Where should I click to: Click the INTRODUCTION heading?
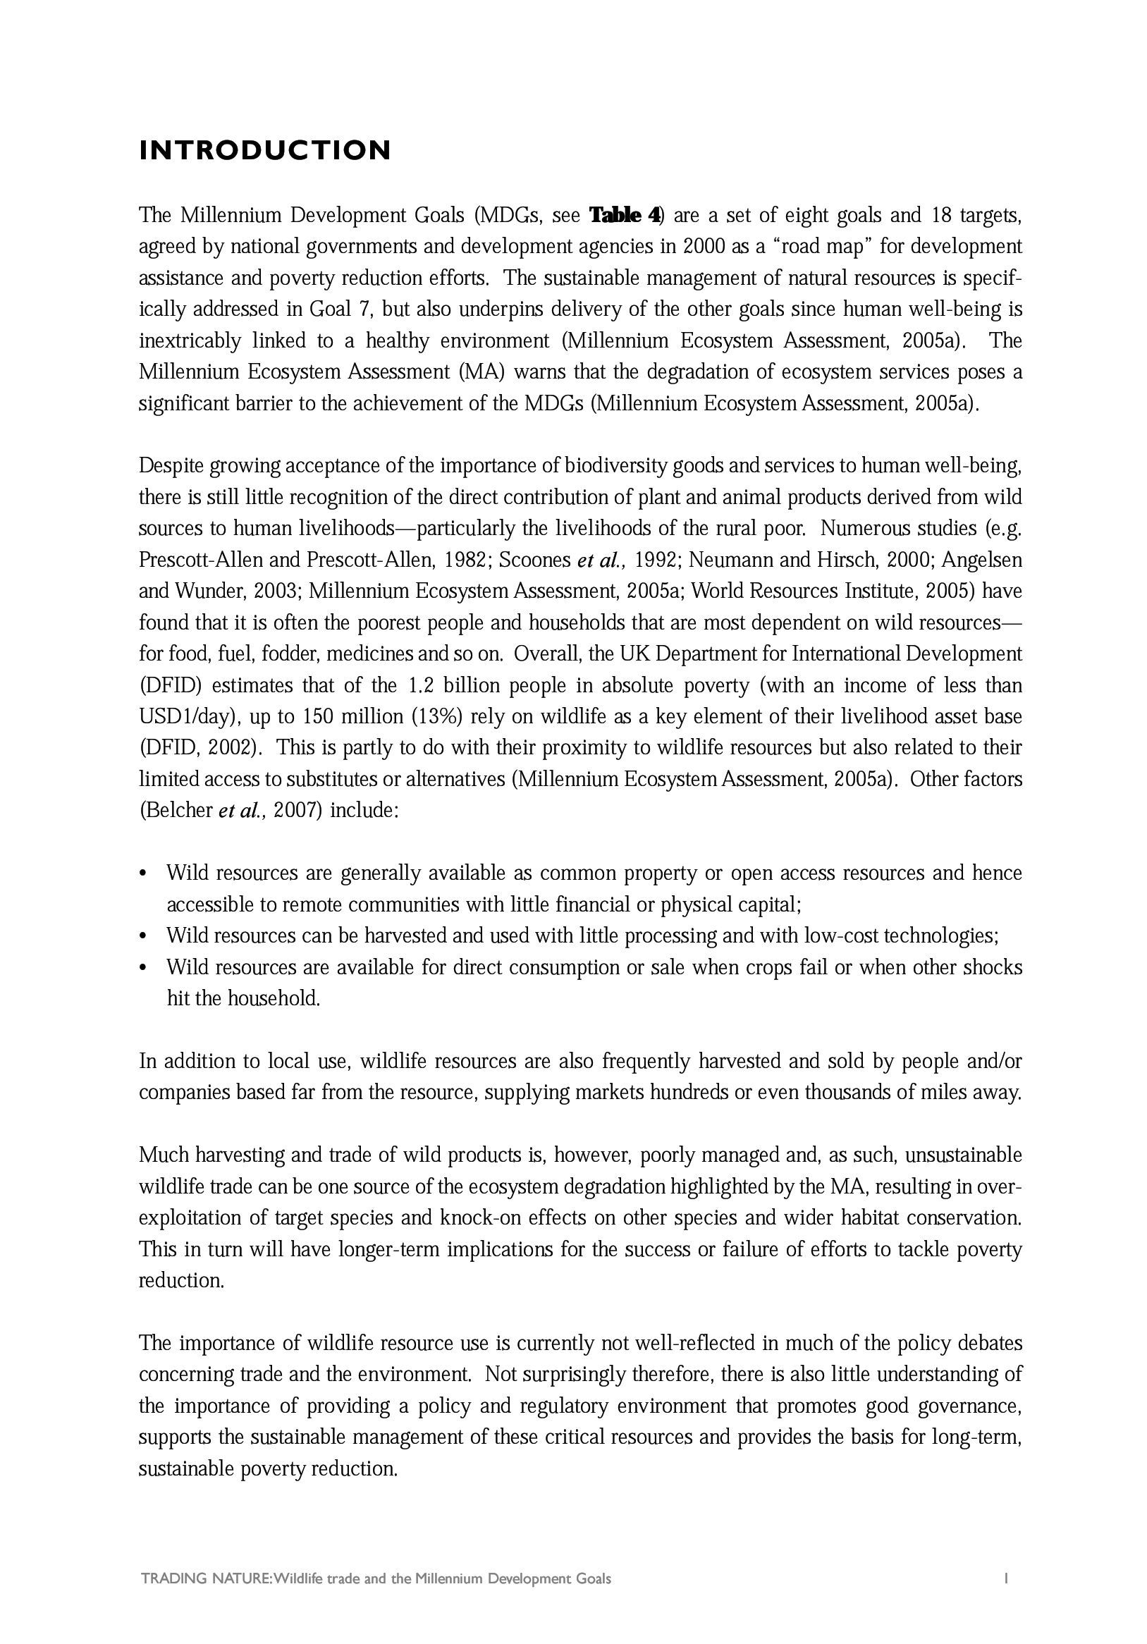[265, 150]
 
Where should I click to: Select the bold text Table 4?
[625, 215]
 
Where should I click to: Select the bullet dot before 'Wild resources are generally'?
[144, 874]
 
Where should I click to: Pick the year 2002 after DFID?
[230, 748]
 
